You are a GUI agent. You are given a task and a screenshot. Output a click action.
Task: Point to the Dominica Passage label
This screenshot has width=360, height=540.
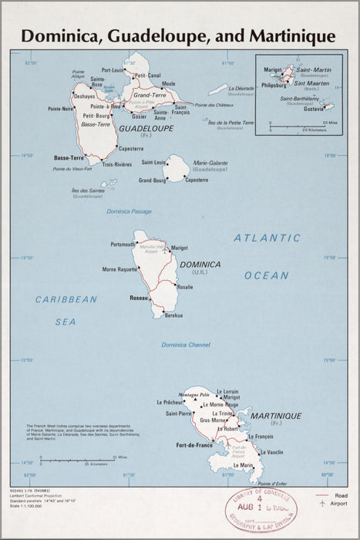click(130, 211)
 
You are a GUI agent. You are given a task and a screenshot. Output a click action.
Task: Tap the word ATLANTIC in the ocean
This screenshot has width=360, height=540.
click(267, 238)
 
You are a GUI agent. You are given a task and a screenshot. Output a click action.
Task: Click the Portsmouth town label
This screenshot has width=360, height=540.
click(123, 245)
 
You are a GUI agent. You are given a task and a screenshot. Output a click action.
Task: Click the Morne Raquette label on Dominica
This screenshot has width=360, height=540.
click(120, 269)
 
